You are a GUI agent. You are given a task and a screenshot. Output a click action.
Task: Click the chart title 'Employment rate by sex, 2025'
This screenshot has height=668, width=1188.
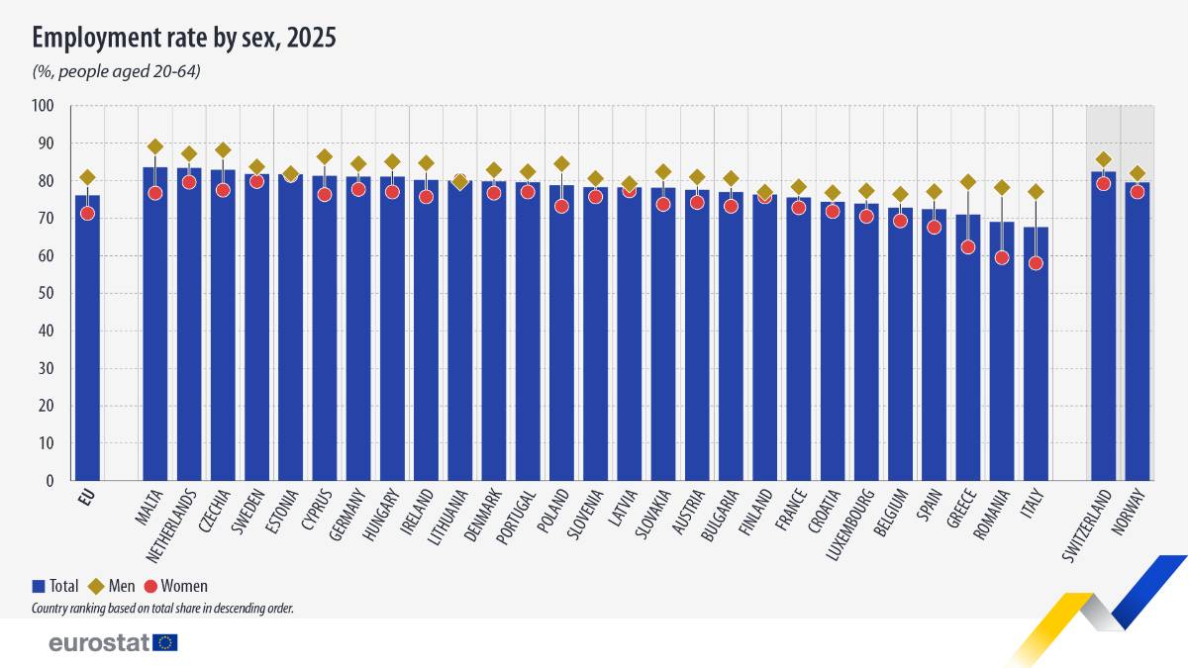tap(184, 39)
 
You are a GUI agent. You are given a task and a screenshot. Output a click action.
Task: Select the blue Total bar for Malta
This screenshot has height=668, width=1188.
tap(154, 327)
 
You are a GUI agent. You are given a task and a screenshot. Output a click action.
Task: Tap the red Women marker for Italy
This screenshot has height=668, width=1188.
tap(1036, 263)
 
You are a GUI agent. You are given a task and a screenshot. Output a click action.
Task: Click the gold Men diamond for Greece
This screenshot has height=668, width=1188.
tap(967, 182)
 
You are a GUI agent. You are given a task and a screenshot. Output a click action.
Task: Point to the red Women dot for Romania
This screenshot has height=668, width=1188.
tap(1002, 257)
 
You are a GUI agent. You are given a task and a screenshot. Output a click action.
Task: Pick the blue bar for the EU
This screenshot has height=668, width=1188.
tap(87, 336)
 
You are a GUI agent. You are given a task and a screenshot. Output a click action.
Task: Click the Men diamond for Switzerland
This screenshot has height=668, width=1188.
tap(1104, 159)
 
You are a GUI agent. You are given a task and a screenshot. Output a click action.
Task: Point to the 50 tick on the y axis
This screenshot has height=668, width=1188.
tap(47, 294)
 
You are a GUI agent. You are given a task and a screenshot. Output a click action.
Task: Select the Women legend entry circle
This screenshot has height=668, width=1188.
tap(151, 586)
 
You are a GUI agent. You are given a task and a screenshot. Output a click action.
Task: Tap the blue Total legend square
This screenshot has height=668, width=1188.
tap(39, 586)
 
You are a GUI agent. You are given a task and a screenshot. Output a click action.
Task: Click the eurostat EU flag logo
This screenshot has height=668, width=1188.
tap(165, 642)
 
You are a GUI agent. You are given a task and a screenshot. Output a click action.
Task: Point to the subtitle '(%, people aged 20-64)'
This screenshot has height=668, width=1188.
tap(116, 71)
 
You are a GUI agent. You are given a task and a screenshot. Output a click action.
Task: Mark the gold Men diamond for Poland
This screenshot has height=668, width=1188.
tap(561, 164)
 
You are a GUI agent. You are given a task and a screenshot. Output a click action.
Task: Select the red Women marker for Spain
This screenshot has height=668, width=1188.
tap(934, 227)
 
